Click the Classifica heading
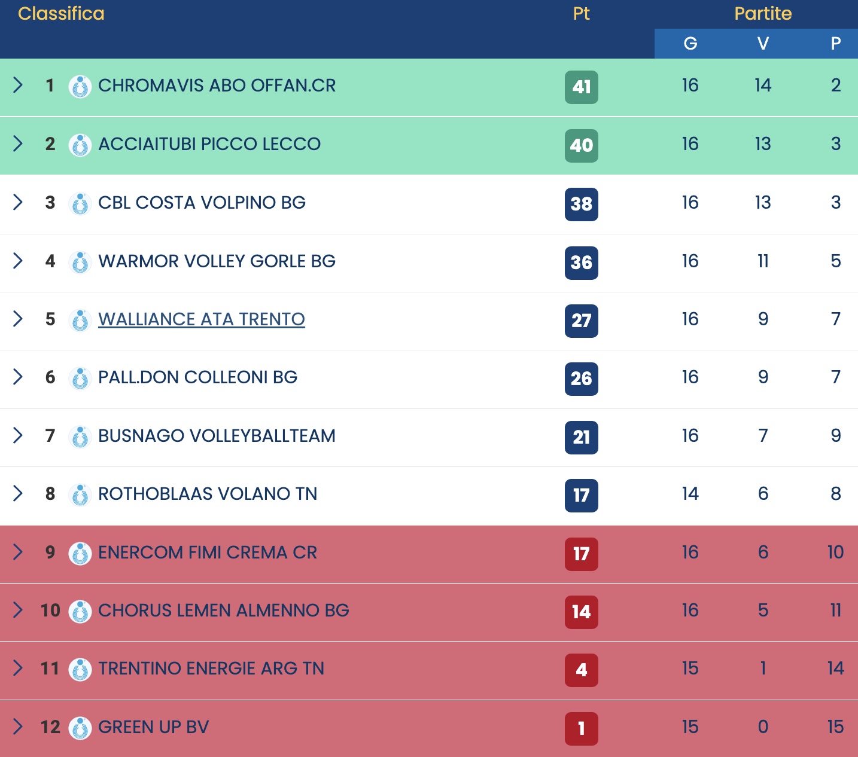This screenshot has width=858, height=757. point(61,14)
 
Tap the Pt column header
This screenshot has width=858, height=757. point(581,14)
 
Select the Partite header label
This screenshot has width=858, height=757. point(763,14)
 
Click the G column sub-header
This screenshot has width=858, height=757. point(690,44)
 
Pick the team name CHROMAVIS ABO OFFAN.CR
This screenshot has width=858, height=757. point(217,86)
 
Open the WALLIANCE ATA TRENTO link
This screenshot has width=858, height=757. point(202,319)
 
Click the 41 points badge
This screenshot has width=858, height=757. point(581,87)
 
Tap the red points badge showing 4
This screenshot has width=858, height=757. point(581,670)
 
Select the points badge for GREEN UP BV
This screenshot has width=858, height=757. point(581,728)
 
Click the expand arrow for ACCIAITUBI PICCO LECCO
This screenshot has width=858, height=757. point(18,144)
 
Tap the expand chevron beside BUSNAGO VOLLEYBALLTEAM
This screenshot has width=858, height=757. point(18,435)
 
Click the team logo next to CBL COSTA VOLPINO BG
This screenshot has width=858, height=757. point(80,204)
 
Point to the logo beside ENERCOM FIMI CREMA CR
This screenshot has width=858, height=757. point(80,553)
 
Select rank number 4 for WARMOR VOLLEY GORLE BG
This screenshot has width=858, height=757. point(50,261)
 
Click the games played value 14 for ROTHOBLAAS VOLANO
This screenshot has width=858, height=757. point(690,494)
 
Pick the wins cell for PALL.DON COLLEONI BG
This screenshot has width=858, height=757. point(763,377)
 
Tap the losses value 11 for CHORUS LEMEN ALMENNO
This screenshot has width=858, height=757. point(836,611)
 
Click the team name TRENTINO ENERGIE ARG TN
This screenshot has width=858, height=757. point(211,669)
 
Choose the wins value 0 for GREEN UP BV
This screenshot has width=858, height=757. point(763,727)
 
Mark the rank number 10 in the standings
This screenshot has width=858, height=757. point(50,611)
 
